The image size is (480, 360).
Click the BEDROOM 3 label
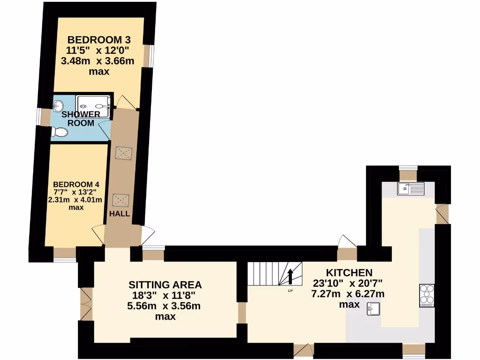98,39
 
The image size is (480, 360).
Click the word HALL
119,214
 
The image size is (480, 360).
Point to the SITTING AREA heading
165,285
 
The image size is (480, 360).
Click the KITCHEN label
349,272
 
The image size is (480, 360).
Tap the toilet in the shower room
59,133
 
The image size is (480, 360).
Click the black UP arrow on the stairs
291,276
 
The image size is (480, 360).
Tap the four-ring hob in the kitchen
427,296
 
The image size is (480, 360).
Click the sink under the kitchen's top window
410,188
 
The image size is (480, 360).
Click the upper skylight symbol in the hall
124,153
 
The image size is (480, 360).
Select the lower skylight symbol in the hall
121,200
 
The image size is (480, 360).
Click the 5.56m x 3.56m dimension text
165,306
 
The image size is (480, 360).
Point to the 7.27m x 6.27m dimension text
348,294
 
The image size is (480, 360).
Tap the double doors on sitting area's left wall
85,303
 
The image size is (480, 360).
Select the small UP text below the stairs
291,291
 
